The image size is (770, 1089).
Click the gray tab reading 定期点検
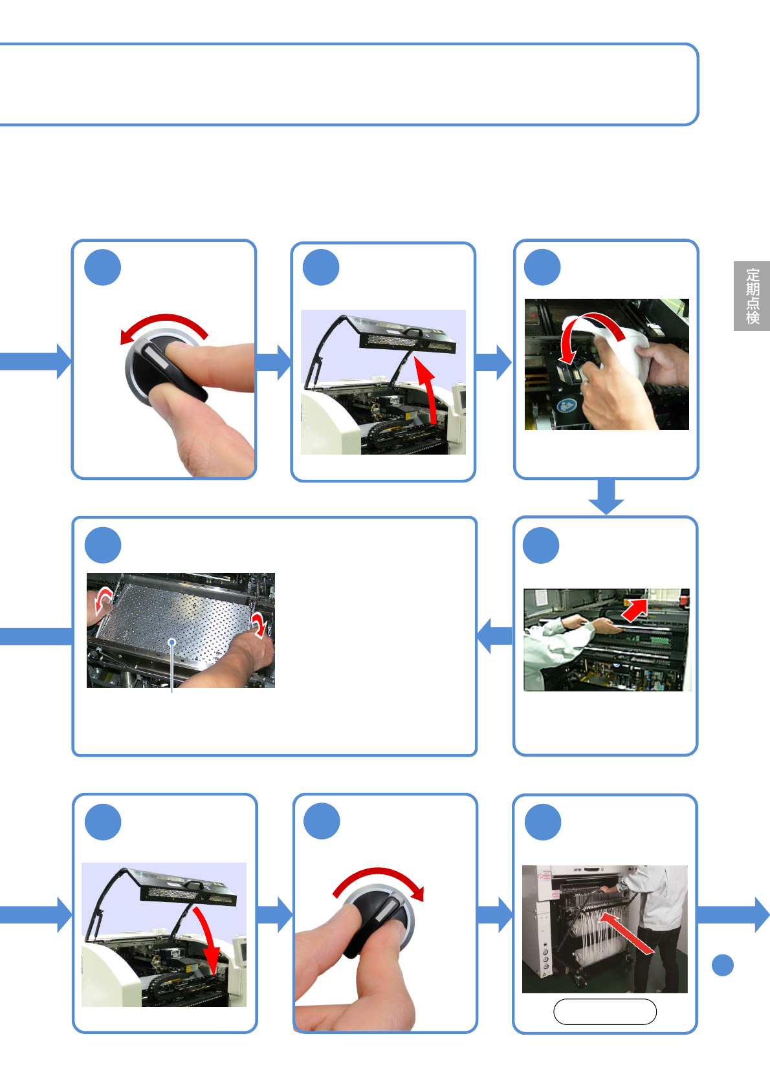751,296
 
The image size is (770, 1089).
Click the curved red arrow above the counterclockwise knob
164,319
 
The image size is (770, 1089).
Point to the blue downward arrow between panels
606,497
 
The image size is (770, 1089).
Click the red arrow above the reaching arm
635,610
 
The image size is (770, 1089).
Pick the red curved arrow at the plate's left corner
103,600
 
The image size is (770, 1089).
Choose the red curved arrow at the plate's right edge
260,624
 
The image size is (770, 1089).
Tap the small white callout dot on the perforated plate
171,642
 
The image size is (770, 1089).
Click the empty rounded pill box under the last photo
604,1011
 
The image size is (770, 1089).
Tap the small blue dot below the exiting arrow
722,965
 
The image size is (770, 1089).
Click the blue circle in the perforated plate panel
103,545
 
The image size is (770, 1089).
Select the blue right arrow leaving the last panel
733,915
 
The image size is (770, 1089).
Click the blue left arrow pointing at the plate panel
495,636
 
